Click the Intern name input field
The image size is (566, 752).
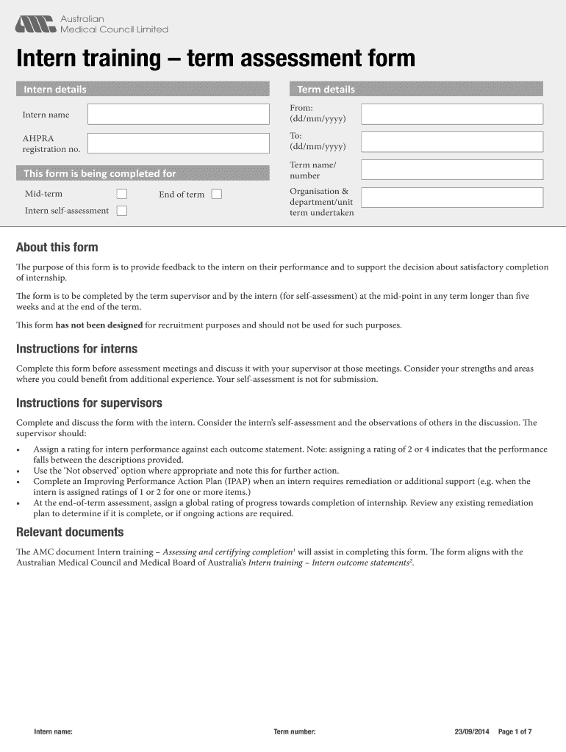tap(178, 115)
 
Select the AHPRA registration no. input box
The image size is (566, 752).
tap(178, 143)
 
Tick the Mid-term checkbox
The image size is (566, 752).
tap(122, 195)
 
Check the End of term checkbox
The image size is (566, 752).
tap(216, 195)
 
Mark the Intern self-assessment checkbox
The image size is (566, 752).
tap(122, 211)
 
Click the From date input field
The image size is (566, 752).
tap(452, 115)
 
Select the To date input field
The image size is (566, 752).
tap(452, 142)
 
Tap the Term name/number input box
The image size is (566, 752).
tap(452, 170)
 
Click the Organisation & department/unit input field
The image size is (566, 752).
tap(452, 198)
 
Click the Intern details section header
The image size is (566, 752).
tap(55, 90)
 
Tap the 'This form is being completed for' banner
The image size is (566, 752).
tap(100, 174)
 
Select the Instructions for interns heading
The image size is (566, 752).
tap(77, 349)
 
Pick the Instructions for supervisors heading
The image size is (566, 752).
tap(89, 403)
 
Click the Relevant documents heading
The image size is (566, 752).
tap(70, 532)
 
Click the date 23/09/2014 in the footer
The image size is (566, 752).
tap(472, 732)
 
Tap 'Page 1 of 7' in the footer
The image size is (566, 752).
tap(515, 732)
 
